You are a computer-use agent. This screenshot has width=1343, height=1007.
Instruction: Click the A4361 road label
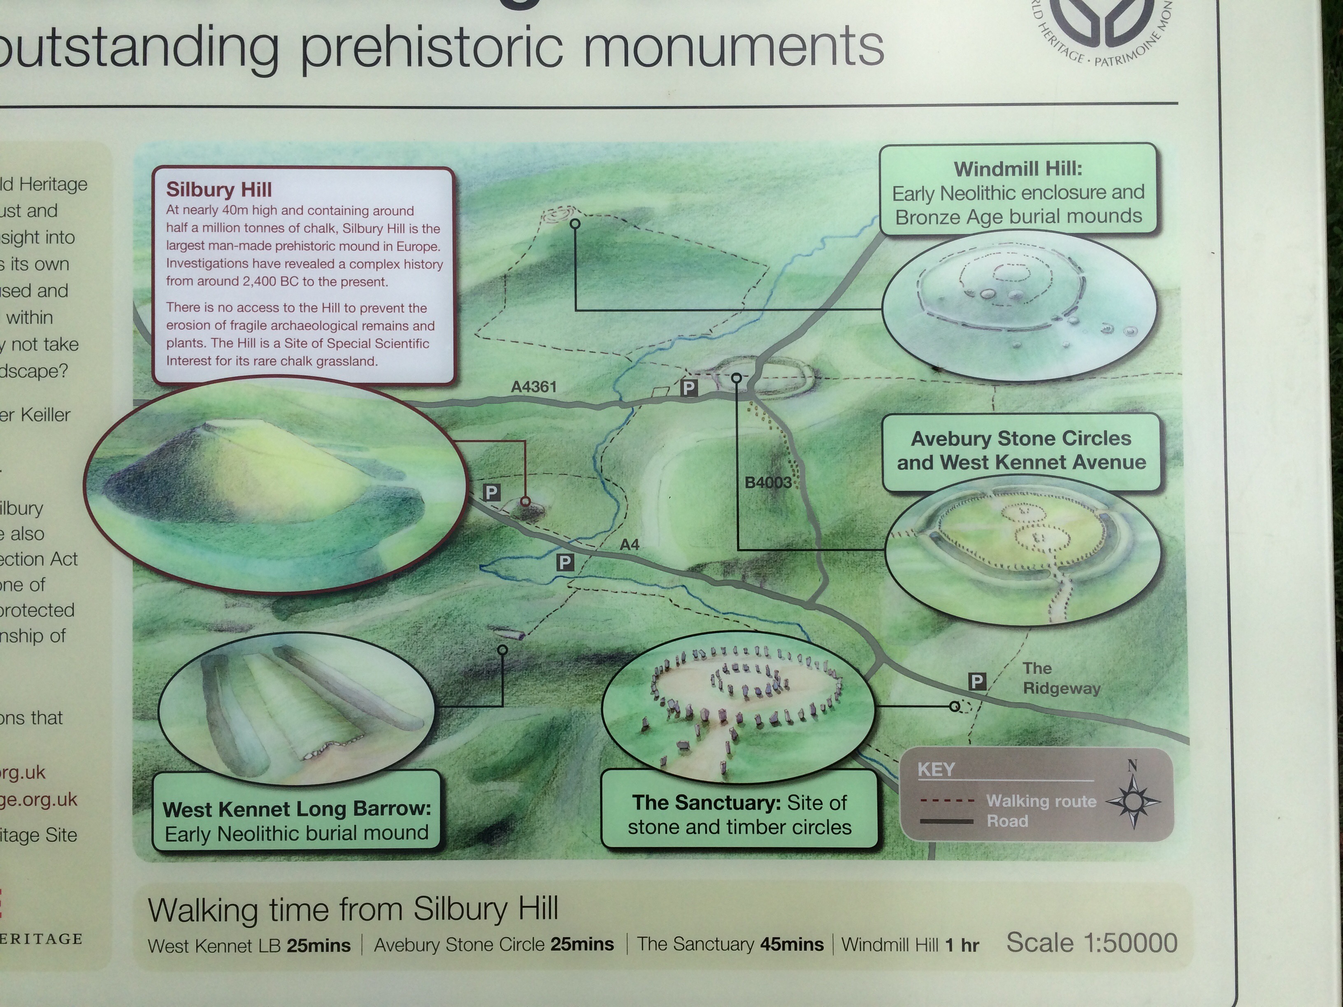click(534, 387)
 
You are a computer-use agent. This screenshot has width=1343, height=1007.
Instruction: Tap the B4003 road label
click(768, 483)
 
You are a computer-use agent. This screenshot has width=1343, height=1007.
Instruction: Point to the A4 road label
click(630, 545)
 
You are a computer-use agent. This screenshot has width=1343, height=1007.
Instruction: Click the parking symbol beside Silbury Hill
click(491, 492)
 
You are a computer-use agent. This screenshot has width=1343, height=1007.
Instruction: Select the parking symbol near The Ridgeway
click(977, 682)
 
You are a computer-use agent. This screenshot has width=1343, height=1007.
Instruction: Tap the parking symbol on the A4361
click(688, 388)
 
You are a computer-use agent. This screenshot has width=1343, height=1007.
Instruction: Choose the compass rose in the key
click(1133, 801)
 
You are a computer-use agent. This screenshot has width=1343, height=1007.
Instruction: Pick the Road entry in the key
click(1007, 821)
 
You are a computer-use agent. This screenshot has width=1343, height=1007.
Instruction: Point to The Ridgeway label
click(1061, 678)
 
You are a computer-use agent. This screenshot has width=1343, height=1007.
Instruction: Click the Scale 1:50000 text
click(1092, 943)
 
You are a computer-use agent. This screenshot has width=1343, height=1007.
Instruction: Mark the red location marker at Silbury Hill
click(525, 501)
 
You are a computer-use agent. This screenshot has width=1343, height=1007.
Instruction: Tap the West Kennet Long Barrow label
click(296, 809)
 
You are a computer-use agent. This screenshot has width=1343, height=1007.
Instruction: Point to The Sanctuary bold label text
click(706, 803)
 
